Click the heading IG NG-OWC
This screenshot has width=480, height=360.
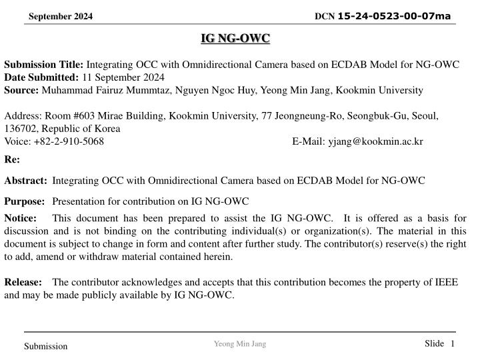click(235, 39)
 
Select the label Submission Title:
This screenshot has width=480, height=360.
click(43, 66)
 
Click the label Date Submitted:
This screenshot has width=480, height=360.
click(42, 78)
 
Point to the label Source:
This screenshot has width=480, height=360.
click(23, 90)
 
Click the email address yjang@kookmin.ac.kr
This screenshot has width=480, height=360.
click(376, 141)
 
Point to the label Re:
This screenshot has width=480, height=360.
click(12, 160)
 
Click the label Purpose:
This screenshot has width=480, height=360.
click(25, 200)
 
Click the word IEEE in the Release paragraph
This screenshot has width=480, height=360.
click(445, 282)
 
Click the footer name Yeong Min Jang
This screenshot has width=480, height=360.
click(239, 343)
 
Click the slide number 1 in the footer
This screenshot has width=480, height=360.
click(452, 343)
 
